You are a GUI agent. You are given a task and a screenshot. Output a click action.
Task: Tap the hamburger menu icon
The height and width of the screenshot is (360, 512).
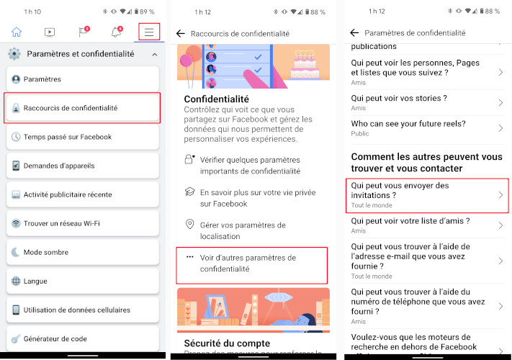click(x=149, y=32)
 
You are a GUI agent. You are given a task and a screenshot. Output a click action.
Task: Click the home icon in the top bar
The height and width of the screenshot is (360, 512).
click(x=17, y=32)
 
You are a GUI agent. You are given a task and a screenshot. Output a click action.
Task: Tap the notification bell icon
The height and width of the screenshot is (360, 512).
click(x=116, y=32)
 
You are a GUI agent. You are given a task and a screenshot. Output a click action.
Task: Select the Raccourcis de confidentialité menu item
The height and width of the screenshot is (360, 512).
click(x=81, y=108)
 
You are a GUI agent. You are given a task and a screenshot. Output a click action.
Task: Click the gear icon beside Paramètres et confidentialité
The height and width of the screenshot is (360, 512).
click(x=14, y=54)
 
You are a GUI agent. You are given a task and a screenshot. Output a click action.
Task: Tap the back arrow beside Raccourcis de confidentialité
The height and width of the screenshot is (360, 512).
click(x=181, y=34)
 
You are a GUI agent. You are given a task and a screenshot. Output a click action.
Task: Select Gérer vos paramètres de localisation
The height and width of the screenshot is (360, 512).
click(x=243, y=230)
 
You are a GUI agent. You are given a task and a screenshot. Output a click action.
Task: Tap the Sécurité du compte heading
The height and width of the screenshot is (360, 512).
click(x=227, y=343)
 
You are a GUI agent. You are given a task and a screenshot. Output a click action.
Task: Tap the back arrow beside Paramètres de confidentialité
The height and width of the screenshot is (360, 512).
click(x=354, y=33)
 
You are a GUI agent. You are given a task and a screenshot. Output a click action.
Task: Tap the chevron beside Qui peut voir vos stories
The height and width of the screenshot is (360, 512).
click(x=500, y=102)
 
